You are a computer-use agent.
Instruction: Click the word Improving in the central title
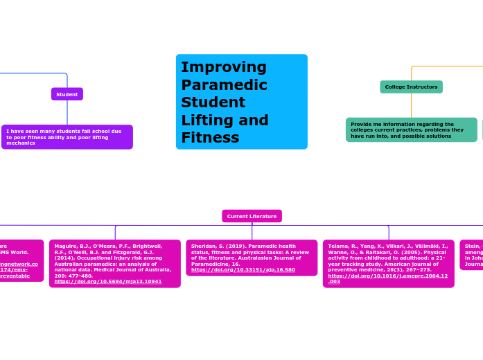pos(224,67)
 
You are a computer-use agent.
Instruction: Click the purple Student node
pos(67,94)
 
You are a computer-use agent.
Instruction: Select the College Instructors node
pos(411,87)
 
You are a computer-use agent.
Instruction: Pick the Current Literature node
pos(252,216)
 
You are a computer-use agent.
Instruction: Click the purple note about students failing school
pos(67,136)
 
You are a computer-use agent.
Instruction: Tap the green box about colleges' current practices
pos(411,129)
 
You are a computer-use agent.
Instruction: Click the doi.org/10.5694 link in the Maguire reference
pos(108,282)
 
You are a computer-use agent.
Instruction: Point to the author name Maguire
pos(66,246)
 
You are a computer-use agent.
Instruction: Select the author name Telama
pos(339,246)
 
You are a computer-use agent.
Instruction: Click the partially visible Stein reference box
pos(472,254)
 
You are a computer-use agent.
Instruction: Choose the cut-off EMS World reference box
pos(21,260)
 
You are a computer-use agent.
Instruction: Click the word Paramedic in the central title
pos(224,85)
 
